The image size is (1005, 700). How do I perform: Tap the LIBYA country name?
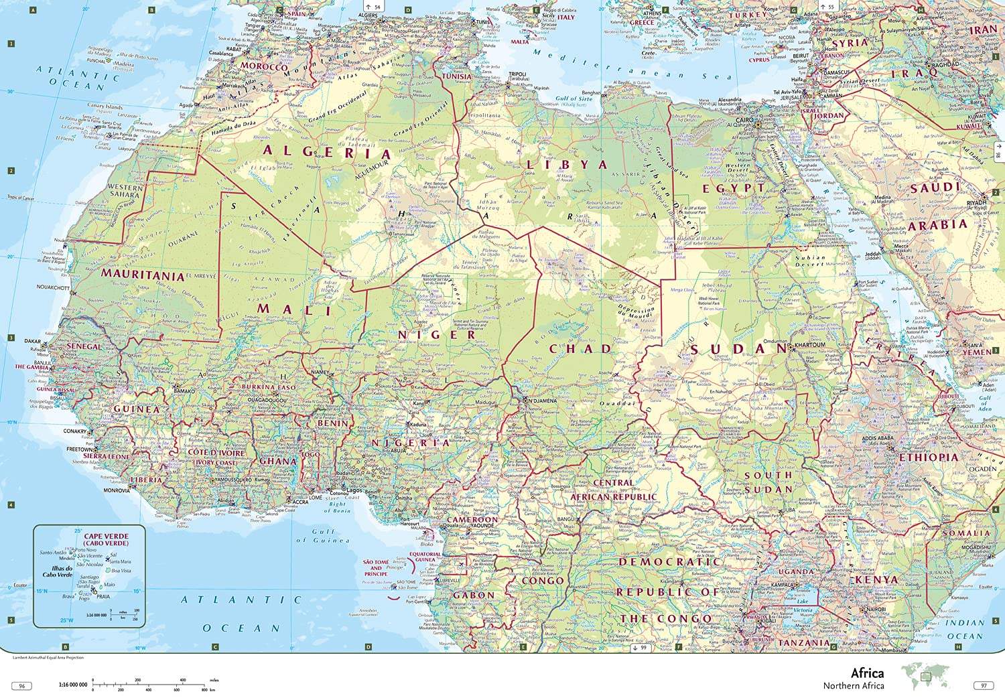pyautogui.click(x=566, y=164)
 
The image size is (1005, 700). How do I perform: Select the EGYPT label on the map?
pyautogui.click(x=733, y=189)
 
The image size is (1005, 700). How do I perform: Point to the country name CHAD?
pyautogui.click(x=580, y=348)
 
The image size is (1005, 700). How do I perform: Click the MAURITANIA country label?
pyautogui.click(x=143, y=275)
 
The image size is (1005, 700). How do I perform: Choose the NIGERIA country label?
pyautogui.click(x=411, y=443)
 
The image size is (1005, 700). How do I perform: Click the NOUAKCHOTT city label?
pyautogui.click(x=53, y=287)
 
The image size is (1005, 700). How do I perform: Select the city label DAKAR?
pyautogui.click(x=33, y=341)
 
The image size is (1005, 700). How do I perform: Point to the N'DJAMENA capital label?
pyautogui.click(x=543, y=401)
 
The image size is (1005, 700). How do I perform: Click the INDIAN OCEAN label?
pyautogui.click(x=965, y=629)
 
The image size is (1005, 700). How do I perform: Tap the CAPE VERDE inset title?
pyautogui.click(x=106, y=539)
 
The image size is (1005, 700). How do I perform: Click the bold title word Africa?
pyautogui.click(x=867, y=673)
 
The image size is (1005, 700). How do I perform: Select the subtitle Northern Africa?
pyautogui.click(x=854, y=686)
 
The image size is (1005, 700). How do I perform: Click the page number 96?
pyautogui.click(x=22, y=686)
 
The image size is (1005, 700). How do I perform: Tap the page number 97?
pyautogui.click(x=984, y=686)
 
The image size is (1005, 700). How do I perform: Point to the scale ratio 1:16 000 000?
pyautogui.click(x=73, y=685)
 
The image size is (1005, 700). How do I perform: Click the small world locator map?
pyautogui.click(x=926, y=676)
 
